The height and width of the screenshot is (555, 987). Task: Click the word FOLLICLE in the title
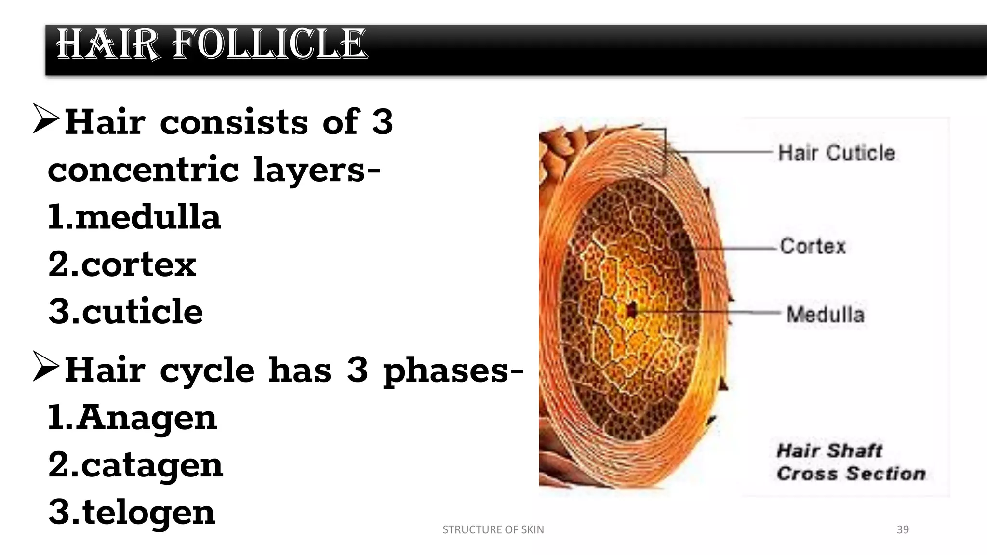click(x=270, y=44)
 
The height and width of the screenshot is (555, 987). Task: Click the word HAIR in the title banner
click(x=107, y=44)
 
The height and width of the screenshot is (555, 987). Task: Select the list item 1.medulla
click(x=134, y=217)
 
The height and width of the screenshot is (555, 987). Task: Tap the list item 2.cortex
click(x=122, y=264)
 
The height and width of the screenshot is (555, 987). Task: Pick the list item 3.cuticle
click(x=126, y=312)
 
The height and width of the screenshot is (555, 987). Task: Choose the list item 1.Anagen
click(x=133, y=418)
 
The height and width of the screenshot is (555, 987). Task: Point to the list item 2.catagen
click(x=136, y=465)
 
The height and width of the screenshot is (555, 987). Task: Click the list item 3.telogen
click(x=132, y=512)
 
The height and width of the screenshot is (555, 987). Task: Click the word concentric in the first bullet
click(x=143, y=170)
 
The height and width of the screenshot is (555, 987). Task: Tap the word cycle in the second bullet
click(x=207, y=371)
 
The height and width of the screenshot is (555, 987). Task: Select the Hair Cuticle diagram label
click(x=837, y=153)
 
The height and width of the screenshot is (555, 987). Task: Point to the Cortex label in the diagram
click(x=813, y=246)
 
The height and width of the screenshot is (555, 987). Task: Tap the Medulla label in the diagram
click(x=825, y=315)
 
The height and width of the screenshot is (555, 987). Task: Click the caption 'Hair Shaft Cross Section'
click(x=851, y=462)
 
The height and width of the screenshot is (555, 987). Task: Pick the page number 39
click(x=903, y=529)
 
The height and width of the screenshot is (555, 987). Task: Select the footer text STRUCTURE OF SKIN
click(x=493, y=529)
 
